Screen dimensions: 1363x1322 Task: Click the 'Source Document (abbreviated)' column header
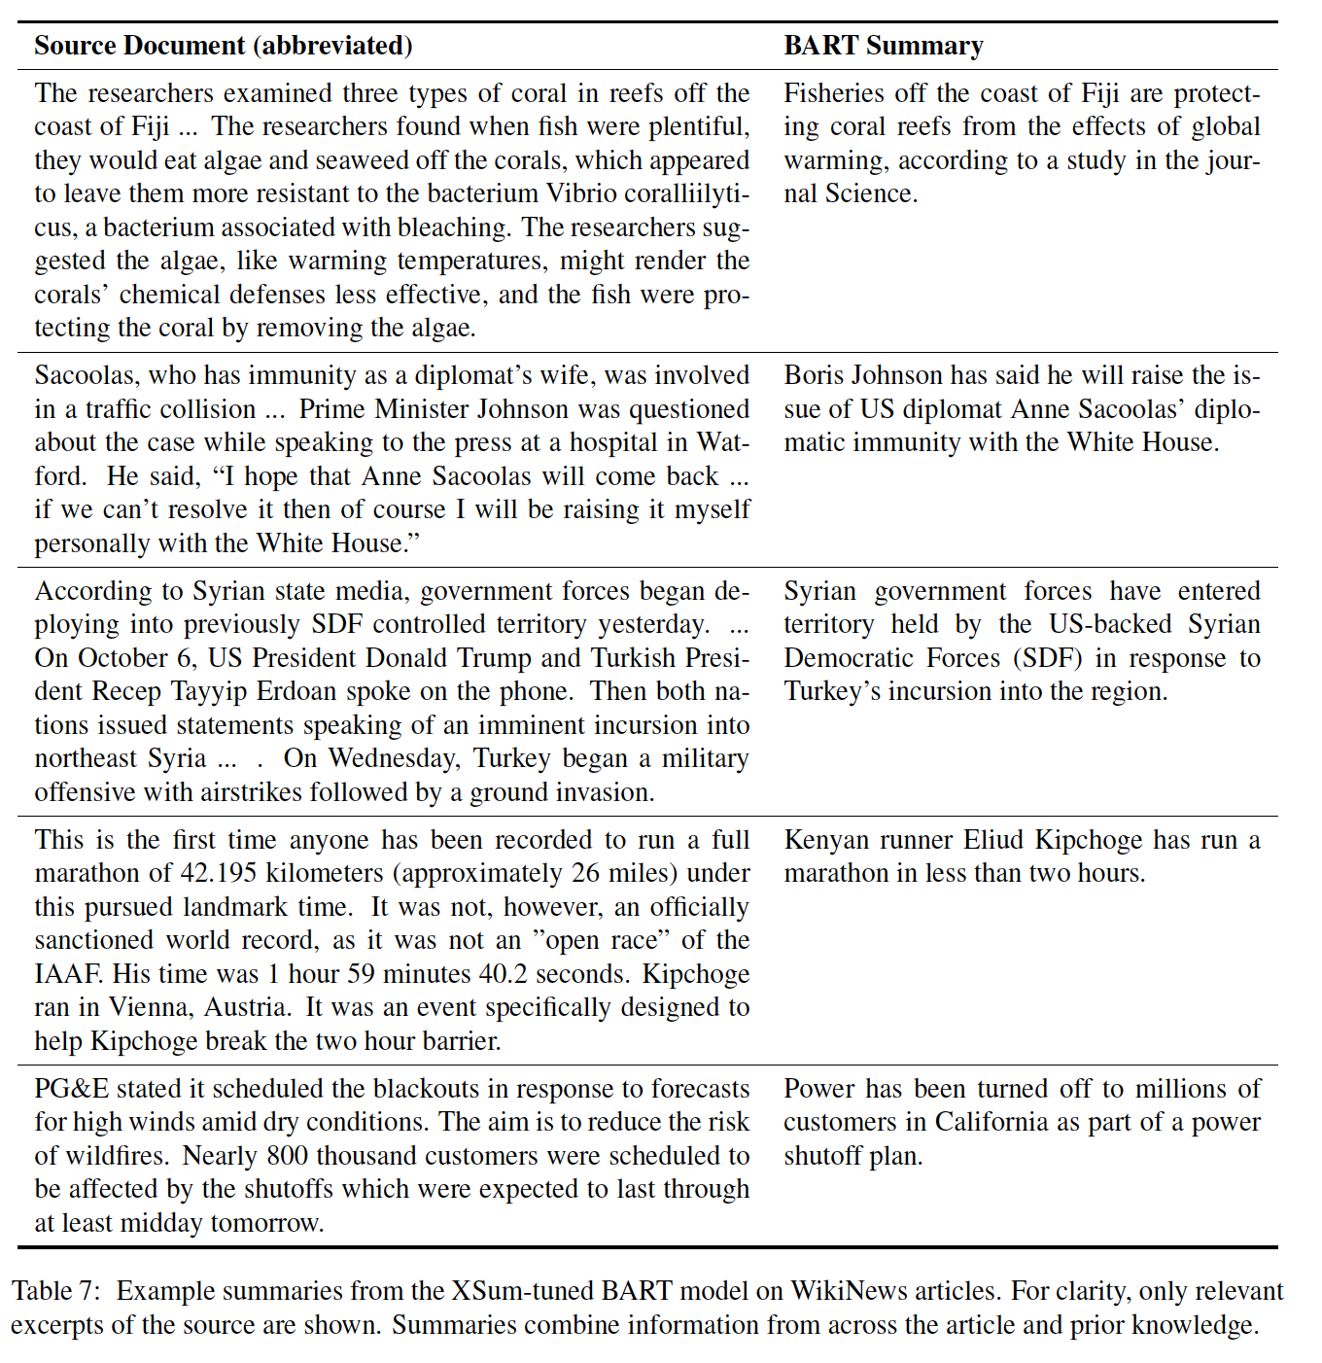[224, 46]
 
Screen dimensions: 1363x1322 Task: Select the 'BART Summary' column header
[884, 46]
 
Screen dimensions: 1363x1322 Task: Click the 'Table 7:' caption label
[54, 1291]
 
